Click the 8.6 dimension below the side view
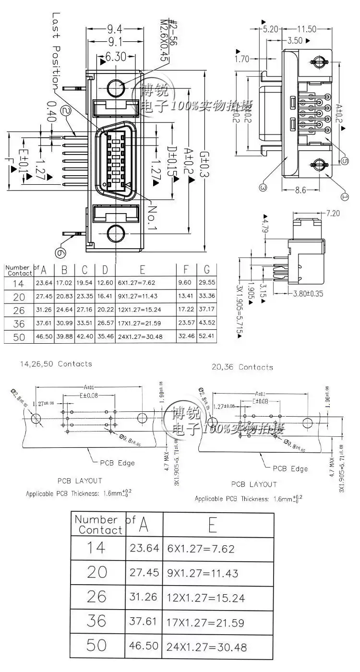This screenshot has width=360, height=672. (300, 190)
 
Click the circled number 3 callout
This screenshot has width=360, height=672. (263, 188)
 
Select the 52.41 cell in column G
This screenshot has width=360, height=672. (206, 336)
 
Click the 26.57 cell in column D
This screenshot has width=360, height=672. (105, 323)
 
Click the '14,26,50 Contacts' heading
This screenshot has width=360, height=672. (56, 364)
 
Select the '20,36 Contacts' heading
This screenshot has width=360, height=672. (242, 367)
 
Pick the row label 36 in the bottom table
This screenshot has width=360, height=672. (96, 621)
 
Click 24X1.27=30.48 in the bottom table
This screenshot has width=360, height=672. (206, 647)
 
